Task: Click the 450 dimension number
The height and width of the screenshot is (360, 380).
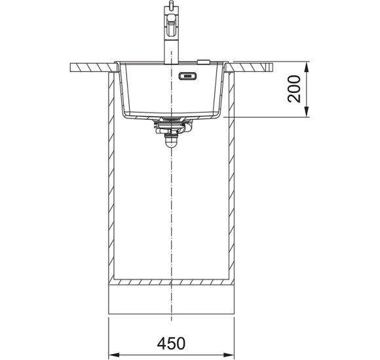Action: coord(171,343)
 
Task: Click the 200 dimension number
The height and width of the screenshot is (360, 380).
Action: coord(294,89)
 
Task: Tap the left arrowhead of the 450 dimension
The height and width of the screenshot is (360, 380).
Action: coord(114,355)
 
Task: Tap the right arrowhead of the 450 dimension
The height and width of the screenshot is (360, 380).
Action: coord(229,355)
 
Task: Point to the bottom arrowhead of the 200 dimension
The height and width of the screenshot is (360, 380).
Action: coord(307,112)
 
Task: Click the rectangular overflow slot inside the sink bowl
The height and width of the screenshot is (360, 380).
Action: coord(187,76)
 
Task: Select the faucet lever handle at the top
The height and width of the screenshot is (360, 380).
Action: coord(172,26)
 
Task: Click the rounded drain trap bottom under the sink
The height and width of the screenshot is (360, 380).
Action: coord(171,143)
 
